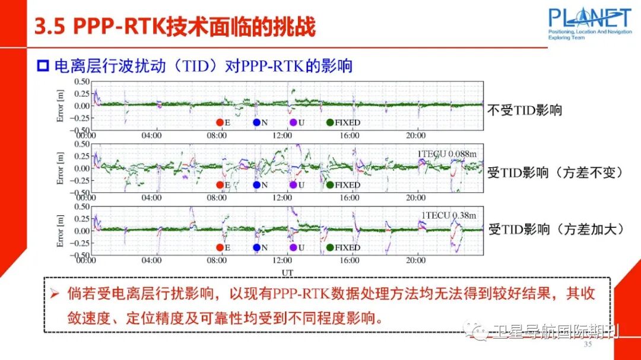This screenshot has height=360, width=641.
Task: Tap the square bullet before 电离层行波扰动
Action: pyautogui.click(x=42, y=66)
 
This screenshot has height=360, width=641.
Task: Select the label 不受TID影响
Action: pyautogui.click(x=524, y=110)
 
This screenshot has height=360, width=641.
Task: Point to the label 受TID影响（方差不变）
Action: pyautogui.click(x=555, y=173)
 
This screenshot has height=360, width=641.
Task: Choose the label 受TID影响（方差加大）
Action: pyautogui.click(x=555, y=229)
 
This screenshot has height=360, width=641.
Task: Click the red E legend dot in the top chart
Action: pyautogui.click(x=220, y=123)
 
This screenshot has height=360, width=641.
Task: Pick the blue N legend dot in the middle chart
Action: pyautogui.click(x=256, y=185)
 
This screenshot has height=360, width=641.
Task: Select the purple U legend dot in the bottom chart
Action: pyautogui.click(x=293, y=247)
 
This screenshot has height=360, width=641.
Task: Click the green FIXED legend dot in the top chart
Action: pyautogui.click(x=330, y=123)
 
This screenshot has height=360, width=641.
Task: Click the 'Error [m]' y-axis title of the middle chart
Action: pyautogui.click(x=60, y=168)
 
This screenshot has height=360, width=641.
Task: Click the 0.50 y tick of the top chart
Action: pyautogui.click(x=81, y=81)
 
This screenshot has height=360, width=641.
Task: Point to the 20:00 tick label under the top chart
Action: pyautogui.click(x=415, y=135)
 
